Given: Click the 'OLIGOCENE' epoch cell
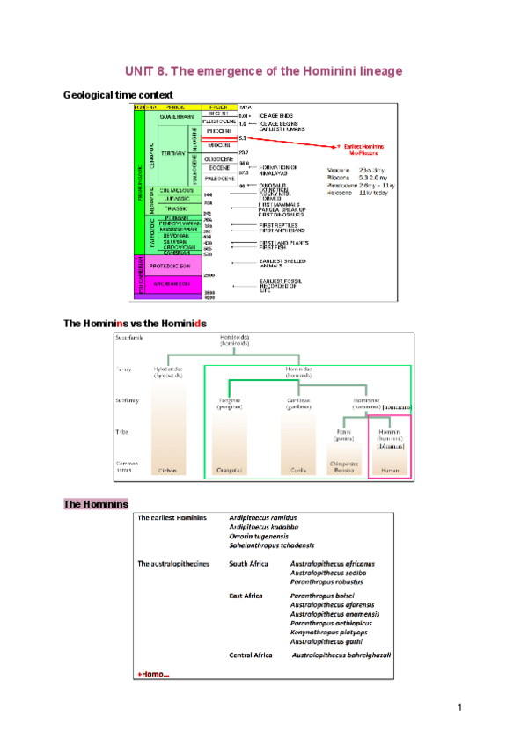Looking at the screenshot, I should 218,159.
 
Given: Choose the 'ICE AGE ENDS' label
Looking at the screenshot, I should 275,115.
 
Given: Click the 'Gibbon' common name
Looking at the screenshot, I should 167,471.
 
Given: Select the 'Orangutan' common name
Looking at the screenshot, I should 230,471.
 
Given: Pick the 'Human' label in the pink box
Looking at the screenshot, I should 390,471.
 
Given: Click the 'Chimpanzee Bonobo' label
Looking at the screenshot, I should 344,467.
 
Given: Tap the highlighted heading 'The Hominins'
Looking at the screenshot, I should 96,504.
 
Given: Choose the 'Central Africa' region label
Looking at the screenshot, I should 251,655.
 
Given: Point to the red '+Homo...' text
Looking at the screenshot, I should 155,673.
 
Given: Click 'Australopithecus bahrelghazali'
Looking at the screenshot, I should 341,655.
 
